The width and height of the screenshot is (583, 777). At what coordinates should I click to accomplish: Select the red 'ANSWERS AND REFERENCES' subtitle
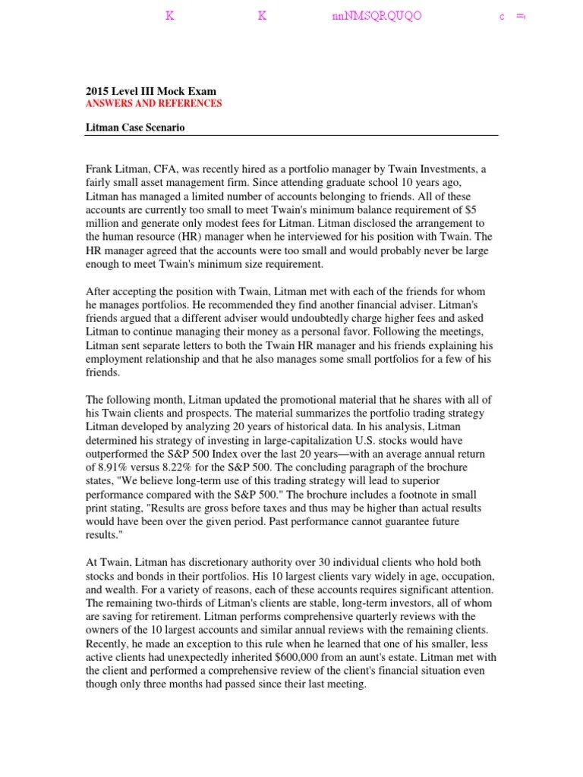(x=153, y=103)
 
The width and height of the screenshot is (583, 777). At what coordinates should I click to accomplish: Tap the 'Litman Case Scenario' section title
(x=135, y=127)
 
